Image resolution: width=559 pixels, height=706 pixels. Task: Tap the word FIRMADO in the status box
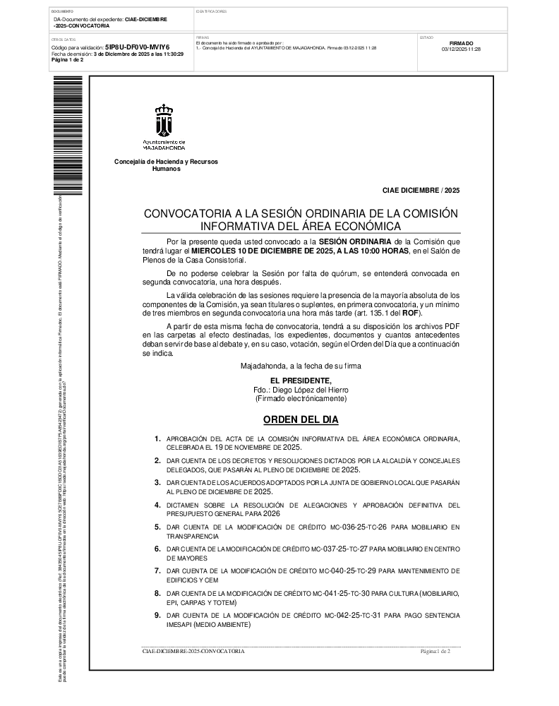[461, 43]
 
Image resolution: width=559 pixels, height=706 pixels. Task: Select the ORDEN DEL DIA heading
[301, 420]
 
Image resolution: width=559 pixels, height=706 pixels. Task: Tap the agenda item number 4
[157, 505]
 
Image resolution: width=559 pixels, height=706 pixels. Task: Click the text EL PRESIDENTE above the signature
[300, 381]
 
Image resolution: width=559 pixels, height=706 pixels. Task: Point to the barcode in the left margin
[58, 134]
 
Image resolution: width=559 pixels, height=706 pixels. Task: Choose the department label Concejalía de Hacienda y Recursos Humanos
[166, 166]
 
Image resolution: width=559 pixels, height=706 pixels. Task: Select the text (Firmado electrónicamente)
[301, 398]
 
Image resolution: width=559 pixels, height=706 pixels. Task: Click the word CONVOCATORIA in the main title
[187, 214]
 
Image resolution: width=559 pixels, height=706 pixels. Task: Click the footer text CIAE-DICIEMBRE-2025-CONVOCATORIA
[193, 651]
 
